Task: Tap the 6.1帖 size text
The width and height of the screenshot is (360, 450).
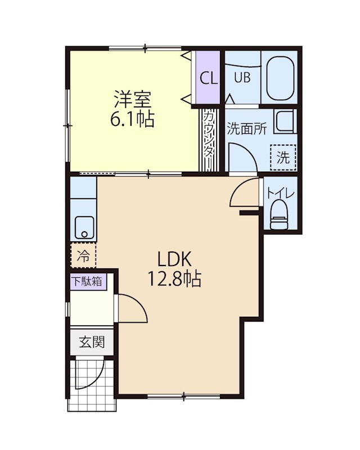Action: point(134,119)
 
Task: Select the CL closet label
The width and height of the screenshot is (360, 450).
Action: point(209,78)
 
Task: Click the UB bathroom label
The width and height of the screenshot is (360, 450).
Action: point(242,78)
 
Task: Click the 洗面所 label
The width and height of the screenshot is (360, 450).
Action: point(246,128)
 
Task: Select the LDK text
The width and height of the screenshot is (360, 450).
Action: point(175,259)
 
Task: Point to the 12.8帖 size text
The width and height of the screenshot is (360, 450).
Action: point(175,280)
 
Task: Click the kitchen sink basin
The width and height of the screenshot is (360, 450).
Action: point(84,226)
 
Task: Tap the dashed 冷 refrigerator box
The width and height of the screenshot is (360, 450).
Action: point(83,257)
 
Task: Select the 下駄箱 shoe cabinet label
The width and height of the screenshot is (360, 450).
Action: point(87,281)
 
